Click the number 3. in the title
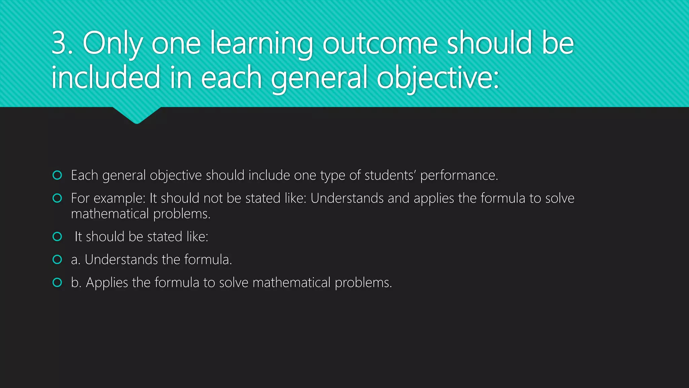[62, 43]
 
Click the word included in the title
[106, 77]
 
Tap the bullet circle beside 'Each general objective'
[58, 175]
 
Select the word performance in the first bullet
[459, 175]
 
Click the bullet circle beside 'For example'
[58, 198]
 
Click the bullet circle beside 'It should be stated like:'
[58, 236]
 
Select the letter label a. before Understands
[76, 260]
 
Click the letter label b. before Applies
[76, 282]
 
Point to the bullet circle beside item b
[58, 282]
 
